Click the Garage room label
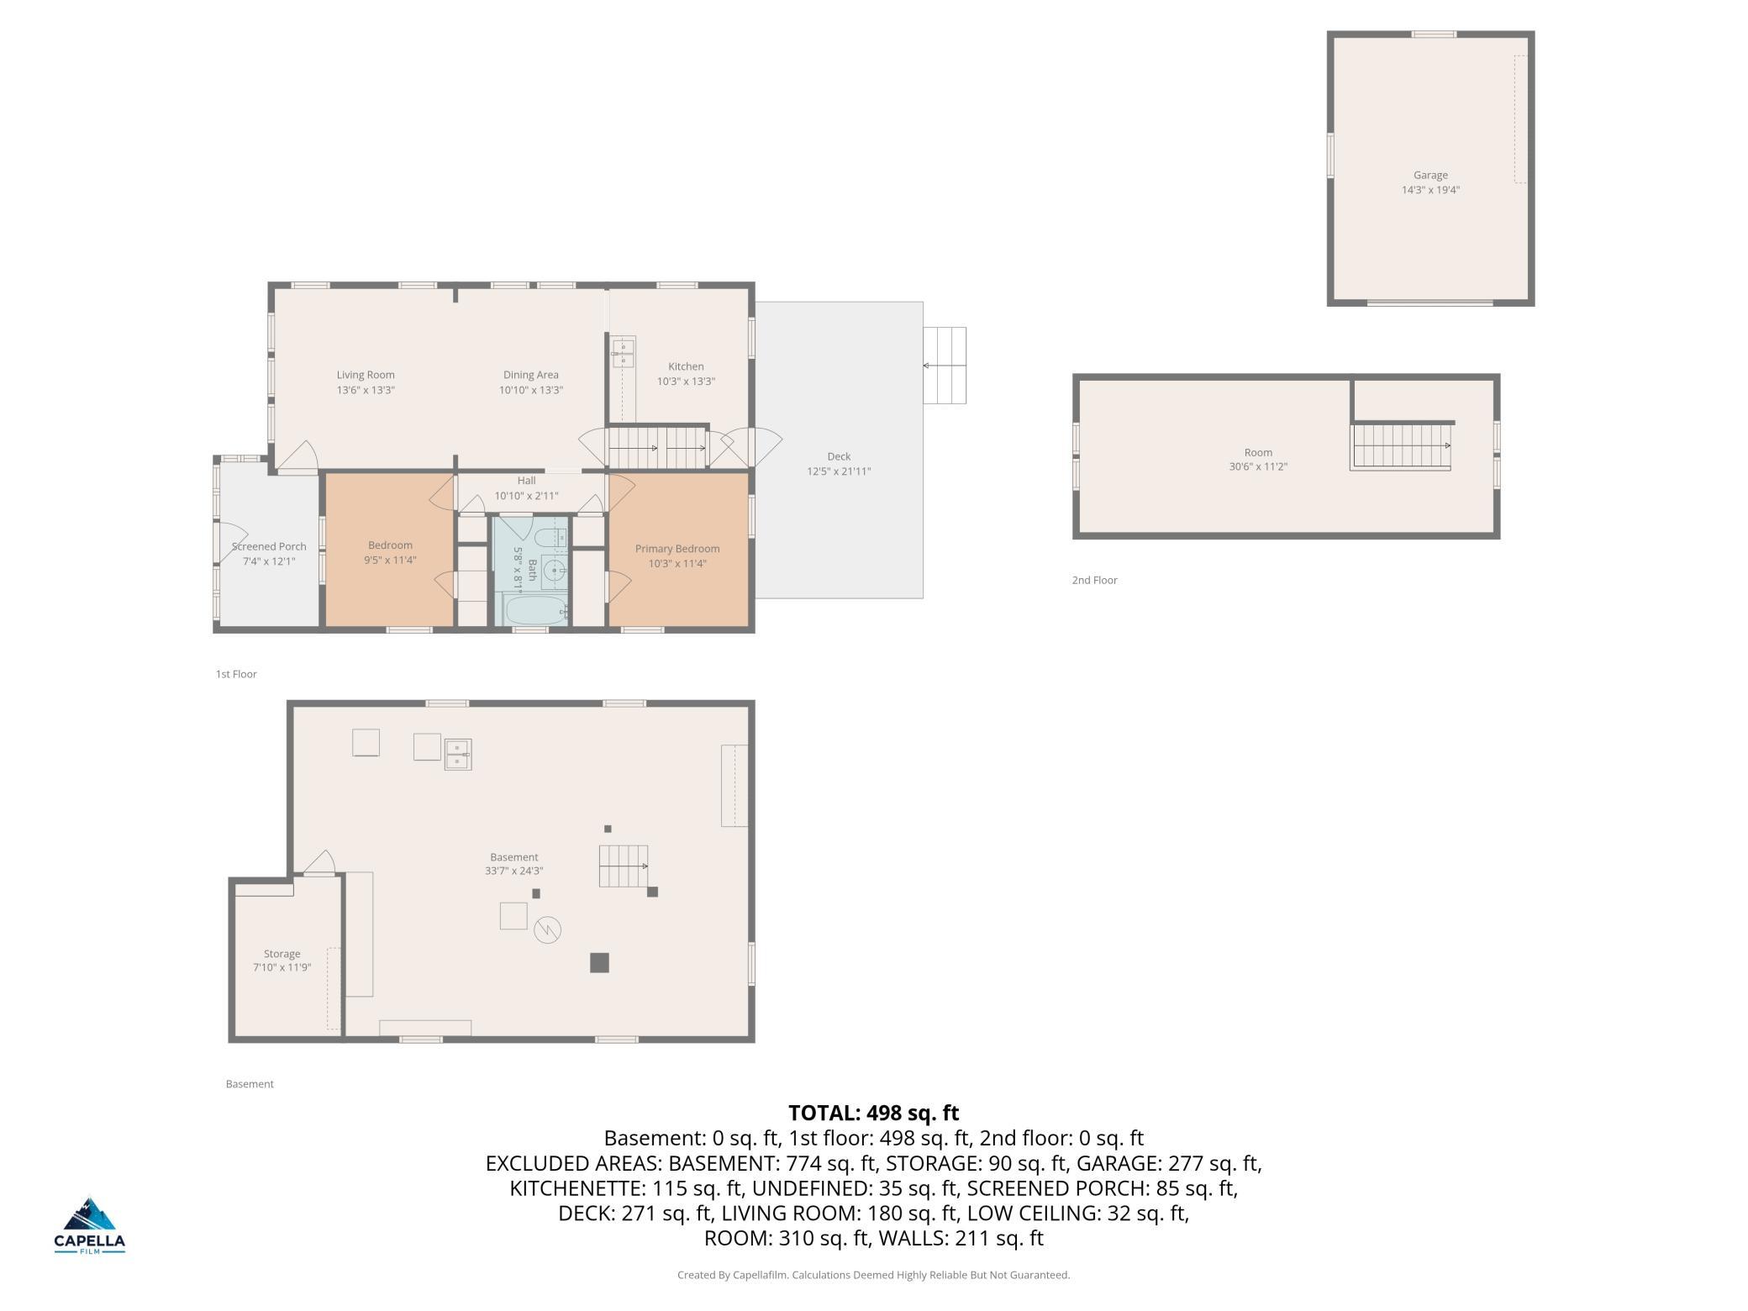1430,176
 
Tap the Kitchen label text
686,366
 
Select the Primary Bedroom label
677,549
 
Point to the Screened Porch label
269,546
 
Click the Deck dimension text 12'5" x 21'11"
839,471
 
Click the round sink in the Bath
555,570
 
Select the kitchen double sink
624,353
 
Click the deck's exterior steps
945,366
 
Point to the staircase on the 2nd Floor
1401,445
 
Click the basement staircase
624,866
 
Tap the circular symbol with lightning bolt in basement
547,929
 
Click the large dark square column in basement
599,962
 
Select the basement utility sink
458,754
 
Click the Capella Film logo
90,1225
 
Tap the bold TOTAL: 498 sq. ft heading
874,1113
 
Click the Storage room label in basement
282,954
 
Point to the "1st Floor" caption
236,674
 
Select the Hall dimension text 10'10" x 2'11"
526,496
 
